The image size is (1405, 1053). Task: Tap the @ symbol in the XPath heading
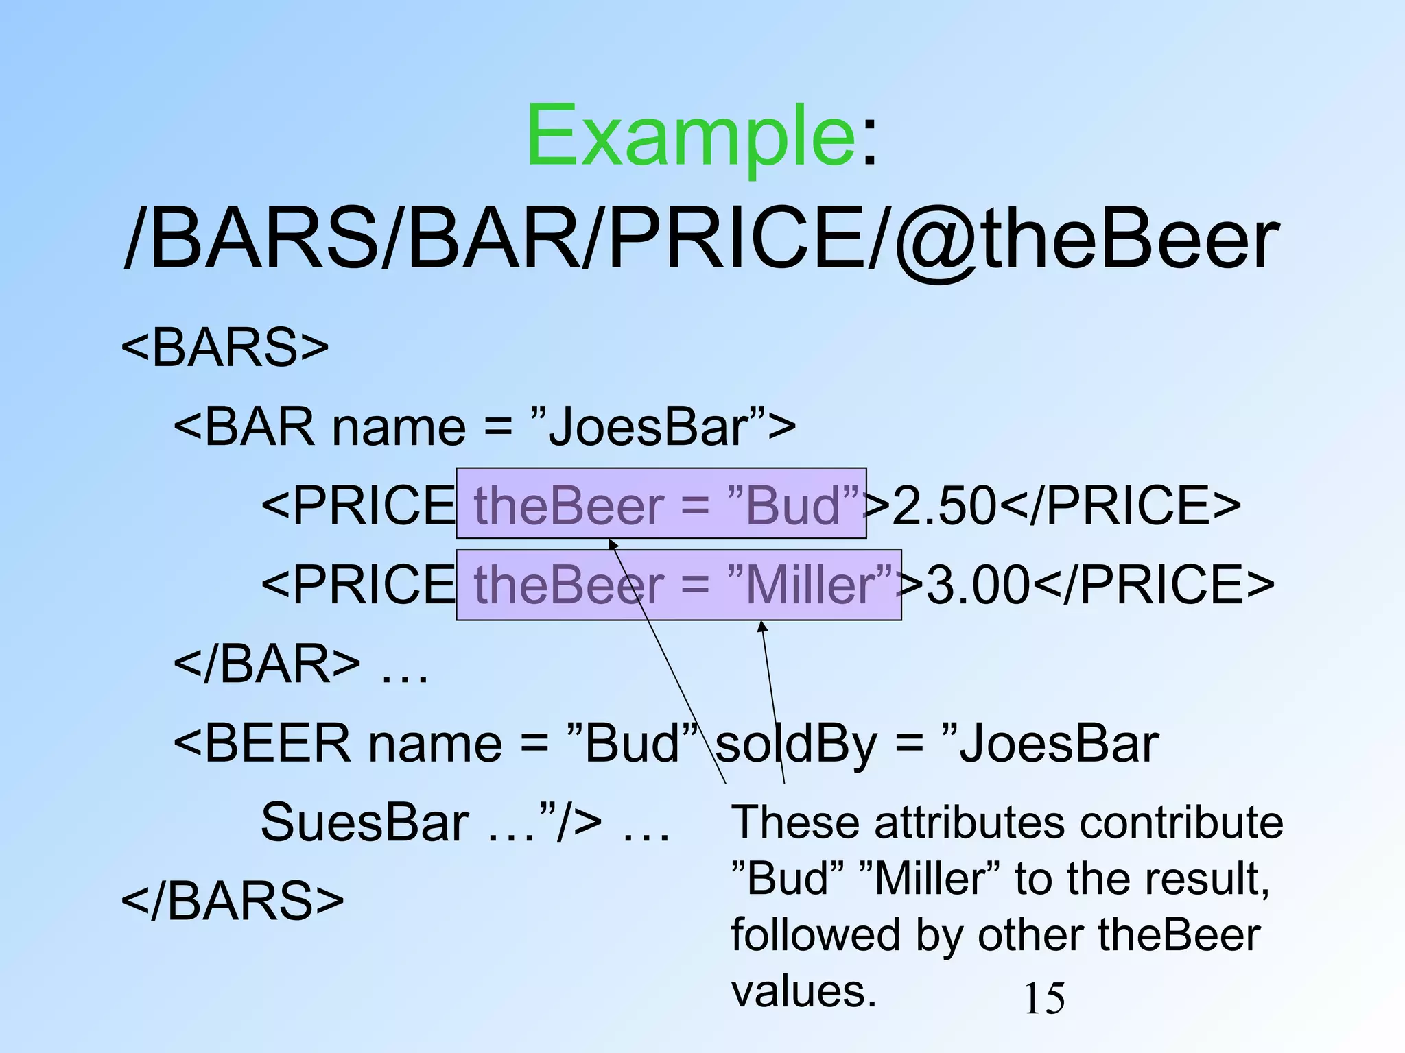(x=937, y=240)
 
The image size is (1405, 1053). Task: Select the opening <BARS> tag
(x=225, y=347)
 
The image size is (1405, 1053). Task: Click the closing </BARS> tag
(x=232, y=900)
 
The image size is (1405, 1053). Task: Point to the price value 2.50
(x=944, y=505)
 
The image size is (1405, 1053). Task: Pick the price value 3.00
(x=978, y=585)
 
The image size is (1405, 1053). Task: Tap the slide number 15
(x=1044, y=998)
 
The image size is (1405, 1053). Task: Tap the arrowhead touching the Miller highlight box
(x=762, y=627)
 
